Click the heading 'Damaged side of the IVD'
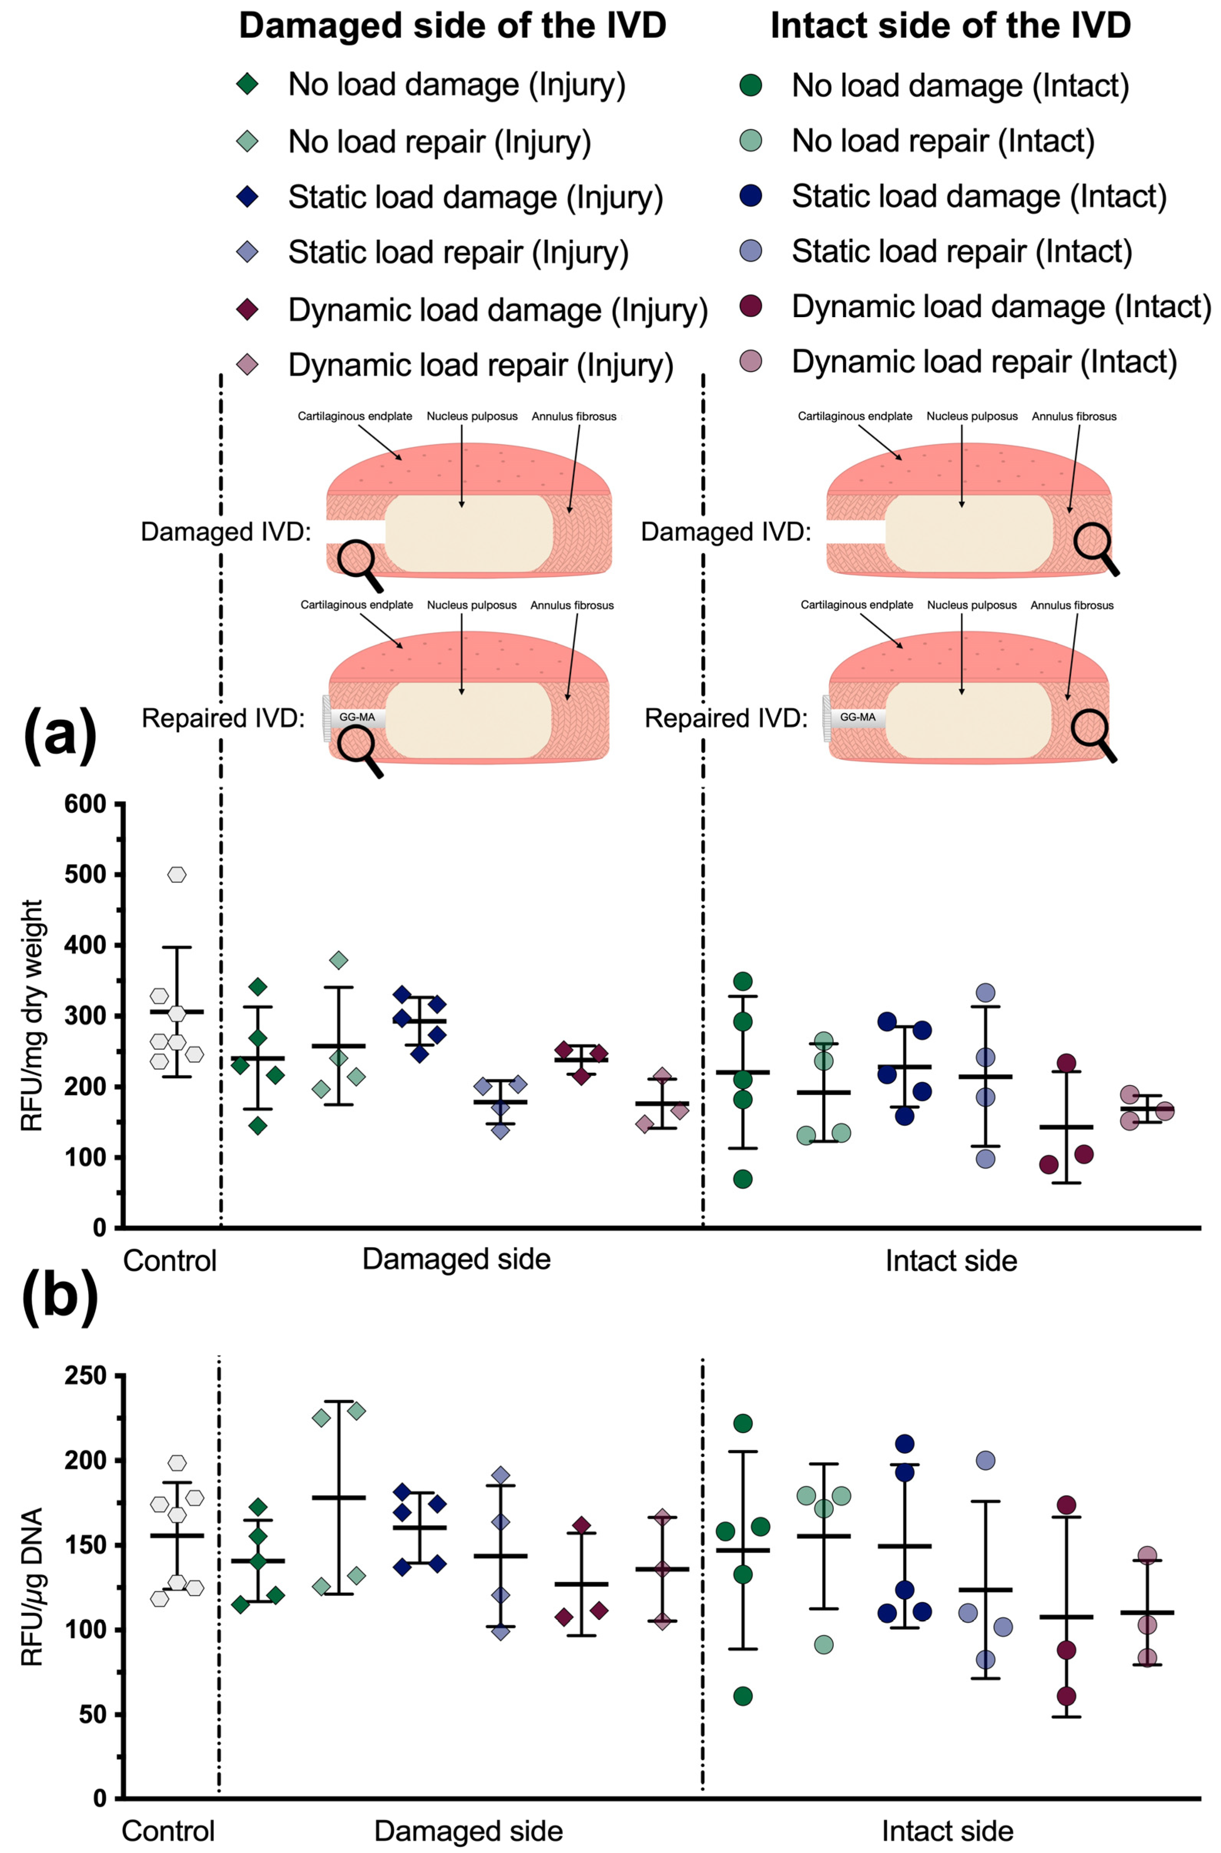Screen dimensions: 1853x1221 click(452, 26)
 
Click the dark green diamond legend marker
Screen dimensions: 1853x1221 click(248, 84)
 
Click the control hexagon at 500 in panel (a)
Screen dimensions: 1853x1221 click(177, 874)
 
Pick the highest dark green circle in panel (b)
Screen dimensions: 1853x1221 click(743, 1423)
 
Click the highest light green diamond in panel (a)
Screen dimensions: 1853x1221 click(339, 960)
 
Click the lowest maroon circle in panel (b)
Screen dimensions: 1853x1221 click(1066, 1696)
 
